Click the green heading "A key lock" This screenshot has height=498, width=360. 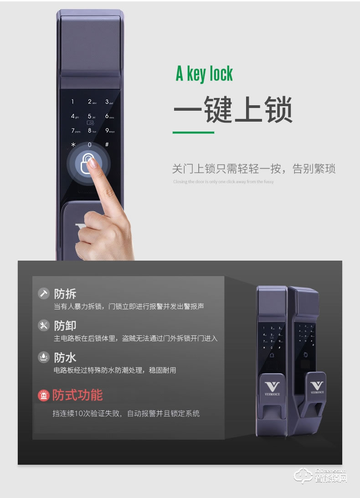(204, 74)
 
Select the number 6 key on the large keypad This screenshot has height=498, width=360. (108, 116)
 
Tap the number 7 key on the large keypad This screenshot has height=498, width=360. (73, 131)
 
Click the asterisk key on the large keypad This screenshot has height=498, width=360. (72, 145)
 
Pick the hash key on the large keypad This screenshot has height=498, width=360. (107, 144)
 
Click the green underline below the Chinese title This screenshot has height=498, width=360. (193, 133)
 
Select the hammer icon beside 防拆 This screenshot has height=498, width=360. (43, 293)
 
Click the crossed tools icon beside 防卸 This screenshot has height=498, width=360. (43, 325)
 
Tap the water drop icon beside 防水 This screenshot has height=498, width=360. (43, 357)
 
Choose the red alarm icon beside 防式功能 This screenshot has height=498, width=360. (43, 395)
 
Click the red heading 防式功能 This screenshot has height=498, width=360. (77, 395)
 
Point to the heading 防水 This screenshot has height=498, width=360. (65, 357)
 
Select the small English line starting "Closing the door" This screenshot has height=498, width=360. (223, 182)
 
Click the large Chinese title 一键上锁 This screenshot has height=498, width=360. (233, 109)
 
